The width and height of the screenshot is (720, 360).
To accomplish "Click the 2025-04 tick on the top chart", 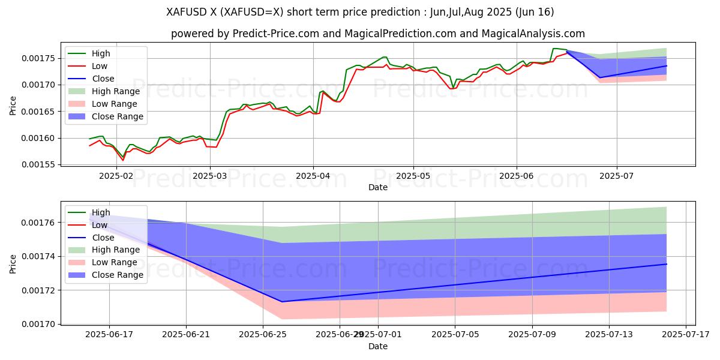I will point(313,177).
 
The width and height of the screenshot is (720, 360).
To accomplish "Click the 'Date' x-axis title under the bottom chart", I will point(378,346).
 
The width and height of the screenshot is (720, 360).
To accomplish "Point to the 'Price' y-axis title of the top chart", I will point(13,106).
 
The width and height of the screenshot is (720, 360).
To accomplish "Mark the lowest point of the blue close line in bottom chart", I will point(281,301).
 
